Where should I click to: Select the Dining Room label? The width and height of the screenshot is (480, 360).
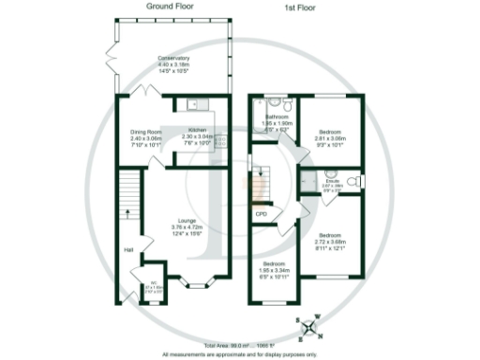pos(145,137)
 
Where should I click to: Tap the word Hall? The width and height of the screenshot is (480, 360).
pos(127,249)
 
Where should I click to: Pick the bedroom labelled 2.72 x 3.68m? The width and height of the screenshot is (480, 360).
pos(329,239)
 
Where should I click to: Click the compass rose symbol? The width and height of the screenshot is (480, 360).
pos(309,327)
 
